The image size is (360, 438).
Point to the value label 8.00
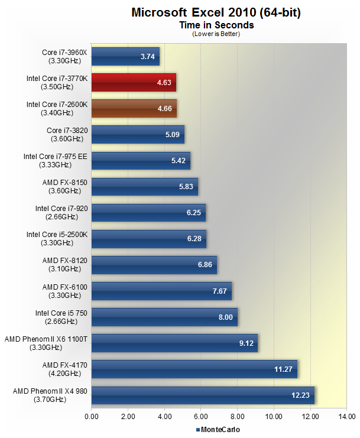(225, 317)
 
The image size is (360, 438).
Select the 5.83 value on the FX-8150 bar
(186, 186)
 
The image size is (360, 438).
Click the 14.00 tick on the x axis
(346, 417)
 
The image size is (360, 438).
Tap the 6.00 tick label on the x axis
(201, 417)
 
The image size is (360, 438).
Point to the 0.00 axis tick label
(92, 417)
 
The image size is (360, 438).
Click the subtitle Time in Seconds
(216, 25)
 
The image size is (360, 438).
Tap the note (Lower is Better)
(216, 34)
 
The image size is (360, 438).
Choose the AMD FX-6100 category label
(65, 291)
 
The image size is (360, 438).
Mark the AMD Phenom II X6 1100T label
(46, 343)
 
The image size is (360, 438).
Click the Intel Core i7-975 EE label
(56, 160)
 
